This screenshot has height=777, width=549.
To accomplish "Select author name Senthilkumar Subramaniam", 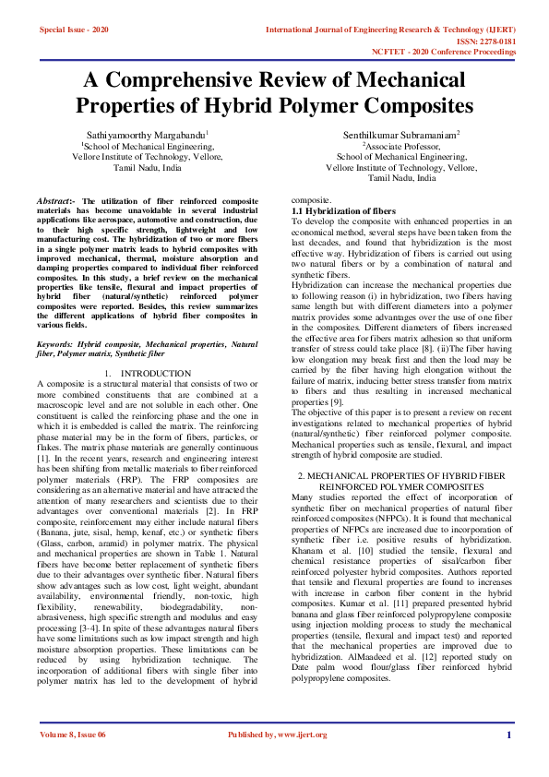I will (x=402, y=135).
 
